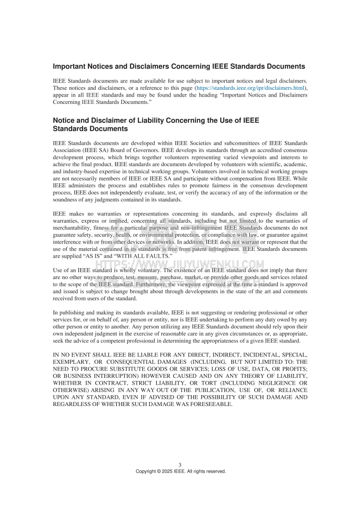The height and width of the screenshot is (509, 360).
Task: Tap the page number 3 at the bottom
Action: click(x=180, y=465)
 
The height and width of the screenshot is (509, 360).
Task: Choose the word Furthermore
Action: click(x=133, y=284)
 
